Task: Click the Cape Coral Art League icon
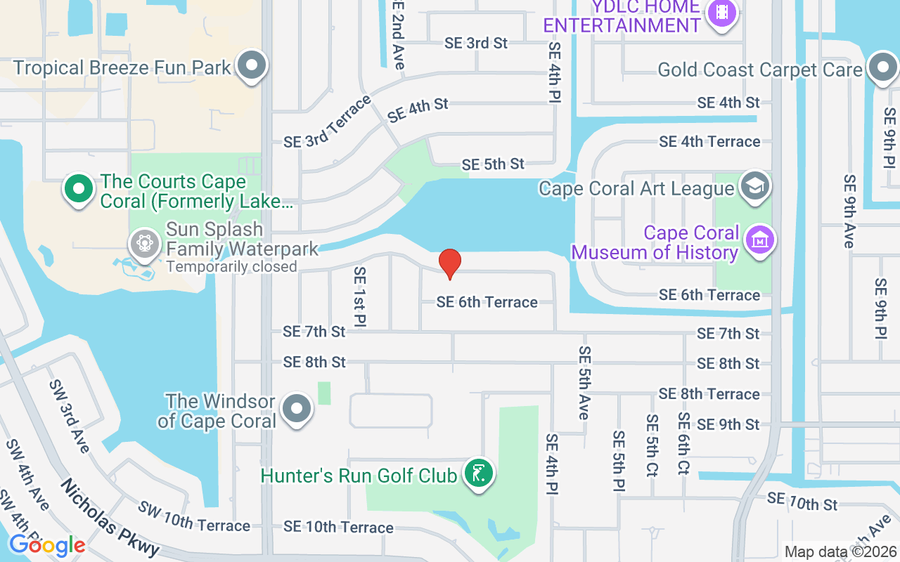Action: tap(755, 187)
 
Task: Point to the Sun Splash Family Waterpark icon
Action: tap(145, 244)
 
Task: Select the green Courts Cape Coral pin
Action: tap(79, 188)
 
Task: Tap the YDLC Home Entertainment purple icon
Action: tap(721, 12)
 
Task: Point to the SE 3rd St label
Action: tap(476, 43)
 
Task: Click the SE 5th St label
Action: tap(493, 164)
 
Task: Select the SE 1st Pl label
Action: tap(360, 296)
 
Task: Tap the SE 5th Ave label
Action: tap(584, 382)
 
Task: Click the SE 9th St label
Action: tap(728, 424)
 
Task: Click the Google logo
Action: tap(47, 544)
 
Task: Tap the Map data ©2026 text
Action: tap(841, 551)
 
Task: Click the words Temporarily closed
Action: tap(231, 267)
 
